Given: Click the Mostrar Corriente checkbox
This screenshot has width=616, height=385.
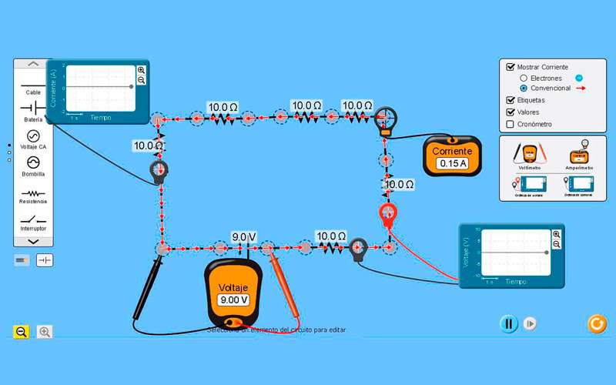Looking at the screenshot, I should [x=511, y=67].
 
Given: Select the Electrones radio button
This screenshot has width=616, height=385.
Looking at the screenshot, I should [x=524, y=78].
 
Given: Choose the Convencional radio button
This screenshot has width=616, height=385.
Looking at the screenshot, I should [x=524, y=89].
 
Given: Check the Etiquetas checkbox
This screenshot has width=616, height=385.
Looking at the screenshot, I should [x=511, y=100].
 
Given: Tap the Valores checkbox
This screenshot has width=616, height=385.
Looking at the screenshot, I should [x=511, y=112].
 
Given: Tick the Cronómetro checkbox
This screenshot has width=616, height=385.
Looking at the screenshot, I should [x=511, y=124].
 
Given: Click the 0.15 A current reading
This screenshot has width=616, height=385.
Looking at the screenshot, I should [x=451, y=164].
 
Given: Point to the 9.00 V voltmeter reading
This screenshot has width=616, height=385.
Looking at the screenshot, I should [x=234, y=300].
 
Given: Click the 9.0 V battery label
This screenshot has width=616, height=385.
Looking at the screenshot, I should [x=243, y=236].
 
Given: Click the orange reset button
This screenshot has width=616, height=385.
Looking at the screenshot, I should [x=597, y=323].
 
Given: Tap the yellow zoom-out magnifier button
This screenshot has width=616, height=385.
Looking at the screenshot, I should [x=22, y=332].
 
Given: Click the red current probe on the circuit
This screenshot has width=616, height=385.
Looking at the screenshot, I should [x=387, y=213].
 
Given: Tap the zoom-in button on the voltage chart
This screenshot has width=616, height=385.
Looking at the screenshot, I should [x=557, y=234].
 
